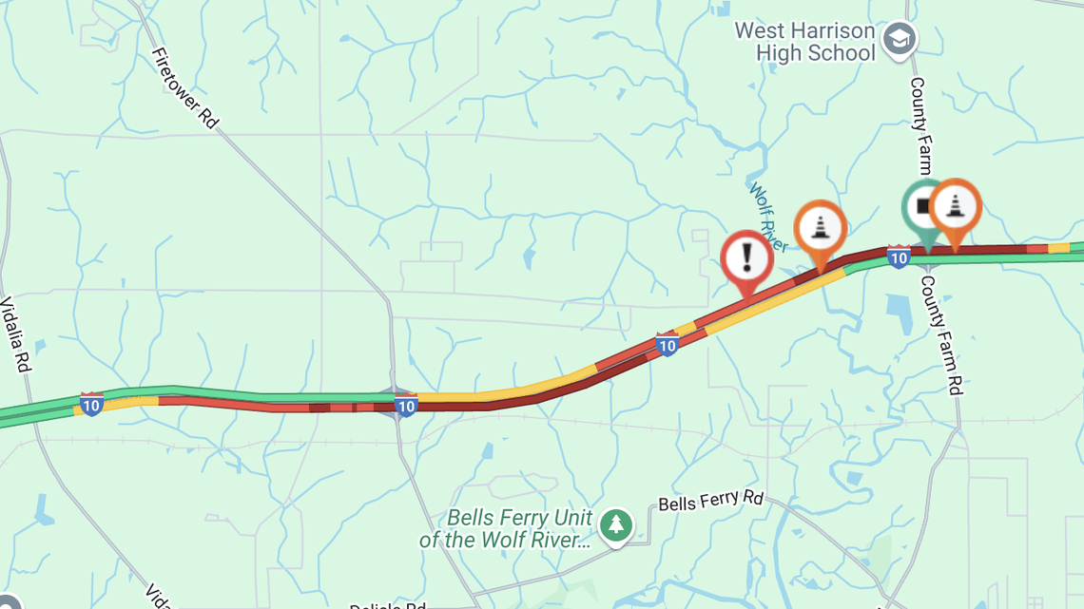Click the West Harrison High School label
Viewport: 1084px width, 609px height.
[x=804, y=42]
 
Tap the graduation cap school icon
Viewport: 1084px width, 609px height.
[x=899, y=39]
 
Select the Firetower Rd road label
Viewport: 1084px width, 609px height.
[x=184, y=88]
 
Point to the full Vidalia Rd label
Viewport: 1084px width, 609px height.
[x=16, y=335]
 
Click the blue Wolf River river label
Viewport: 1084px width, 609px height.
[x=768, y=218]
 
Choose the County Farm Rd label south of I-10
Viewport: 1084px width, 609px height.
[x=940, y=334]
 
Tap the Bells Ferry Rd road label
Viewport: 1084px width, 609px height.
[x=711, y=501]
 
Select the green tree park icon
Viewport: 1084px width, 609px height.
[x=616, y=523]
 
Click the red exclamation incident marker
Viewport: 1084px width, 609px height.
[x=746, y=258]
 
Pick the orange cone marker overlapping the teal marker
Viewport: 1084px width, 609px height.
[x=955, y=205]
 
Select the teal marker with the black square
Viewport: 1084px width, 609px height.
[x=922, y=206]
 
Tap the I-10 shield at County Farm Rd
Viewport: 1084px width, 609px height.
[x=898, y=256]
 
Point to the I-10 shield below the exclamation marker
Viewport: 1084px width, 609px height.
[x=667, y=344]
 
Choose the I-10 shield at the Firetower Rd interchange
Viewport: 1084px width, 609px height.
[x=406, y=406]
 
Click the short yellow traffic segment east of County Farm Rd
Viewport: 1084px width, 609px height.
[x=1057, y=248]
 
